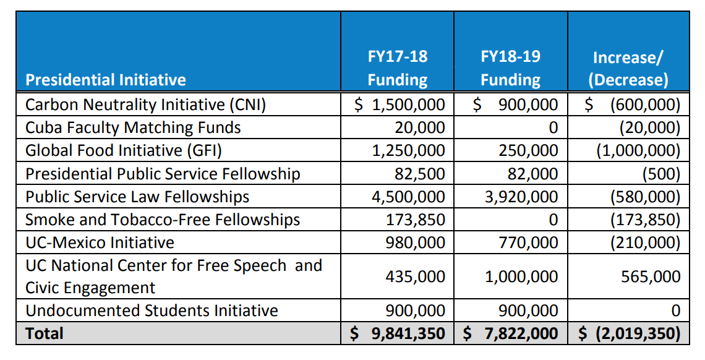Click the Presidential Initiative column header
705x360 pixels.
pos(106,80)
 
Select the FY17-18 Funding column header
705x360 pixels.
pos(397,68)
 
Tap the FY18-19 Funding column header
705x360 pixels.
pos(510,68)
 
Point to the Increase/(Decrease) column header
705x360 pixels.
pos(628,69)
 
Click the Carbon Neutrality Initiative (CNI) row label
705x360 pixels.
pos(146,105)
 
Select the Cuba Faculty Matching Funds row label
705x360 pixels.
pos(133,127)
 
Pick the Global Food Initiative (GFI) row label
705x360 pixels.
pos(124,150)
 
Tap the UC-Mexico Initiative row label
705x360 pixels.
pos(100,242)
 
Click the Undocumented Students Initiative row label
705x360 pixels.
pos(152,310)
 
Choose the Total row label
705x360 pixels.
pos(45,333)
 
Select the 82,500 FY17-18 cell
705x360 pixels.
pos(420,174)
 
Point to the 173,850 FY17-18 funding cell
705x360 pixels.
pos(415,219)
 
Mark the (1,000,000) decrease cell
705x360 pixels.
pos(638,150)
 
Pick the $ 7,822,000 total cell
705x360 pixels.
pos(510,333)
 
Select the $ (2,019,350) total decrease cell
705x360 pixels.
pos(629,333)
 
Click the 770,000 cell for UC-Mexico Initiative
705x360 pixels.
pos(528,242)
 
